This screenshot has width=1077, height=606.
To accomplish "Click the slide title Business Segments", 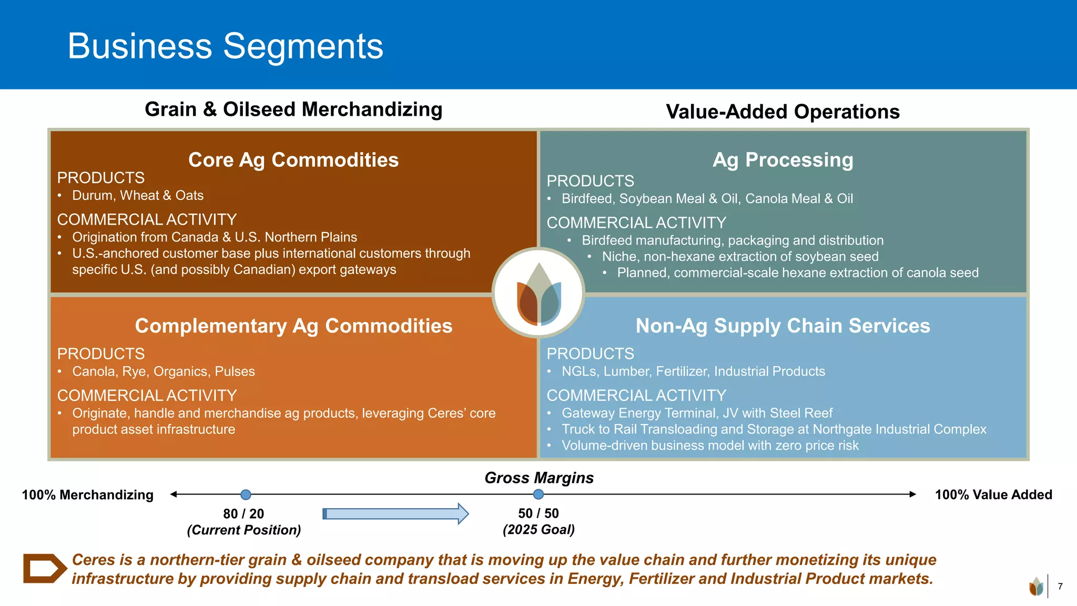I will click(225, 46).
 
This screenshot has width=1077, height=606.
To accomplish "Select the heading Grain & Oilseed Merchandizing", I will click(293, 109).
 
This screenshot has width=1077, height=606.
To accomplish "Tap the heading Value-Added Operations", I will click(783, 112).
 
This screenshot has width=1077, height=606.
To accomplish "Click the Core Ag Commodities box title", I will click(293, 160).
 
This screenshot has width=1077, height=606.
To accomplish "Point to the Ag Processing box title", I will click(783, 160).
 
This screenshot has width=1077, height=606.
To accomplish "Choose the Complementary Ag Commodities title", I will click(293, 326).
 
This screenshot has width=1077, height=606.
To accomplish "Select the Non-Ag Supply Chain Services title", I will click(783, 326).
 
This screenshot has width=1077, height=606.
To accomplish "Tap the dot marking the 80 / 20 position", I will click(246, 494).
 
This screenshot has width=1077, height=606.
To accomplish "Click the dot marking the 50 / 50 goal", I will click(538, 494).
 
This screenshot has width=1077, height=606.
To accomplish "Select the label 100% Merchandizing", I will click(87, 495).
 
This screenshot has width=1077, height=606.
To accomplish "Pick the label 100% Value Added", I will click(993, 495).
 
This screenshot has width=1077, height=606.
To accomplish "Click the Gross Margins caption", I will click(538, 478).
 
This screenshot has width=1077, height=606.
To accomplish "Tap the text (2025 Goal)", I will click(538, 530).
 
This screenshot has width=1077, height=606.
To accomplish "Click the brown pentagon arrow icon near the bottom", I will click(44, 568).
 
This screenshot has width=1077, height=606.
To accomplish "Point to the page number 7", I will click(1060, 586).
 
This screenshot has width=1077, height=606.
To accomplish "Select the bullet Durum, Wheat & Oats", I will click(138, 196).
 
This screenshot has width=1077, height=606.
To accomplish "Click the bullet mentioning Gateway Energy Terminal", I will click(697, 413).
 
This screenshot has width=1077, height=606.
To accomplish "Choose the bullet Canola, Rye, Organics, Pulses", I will click(163, 371).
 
